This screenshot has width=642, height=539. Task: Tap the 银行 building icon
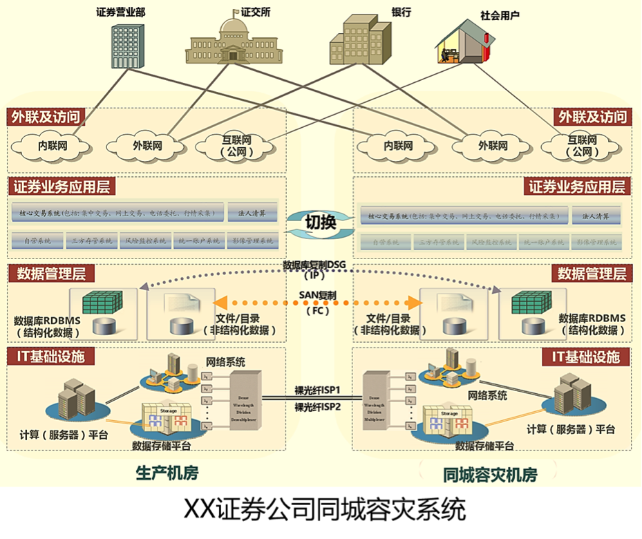(356, 41)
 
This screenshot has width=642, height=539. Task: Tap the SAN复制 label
(318, 294)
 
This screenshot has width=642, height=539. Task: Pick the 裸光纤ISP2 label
(318, 406)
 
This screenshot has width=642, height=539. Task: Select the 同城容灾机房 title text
(490, 475)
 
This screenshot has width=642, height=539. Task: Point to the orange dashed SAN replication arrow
(276, 303)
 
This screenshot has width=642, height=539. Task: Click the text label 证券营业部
(121, 12)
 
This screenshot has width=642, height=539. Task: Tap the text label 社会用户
(500, 14)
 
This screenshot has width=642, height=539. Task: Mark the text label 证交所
(255, 12)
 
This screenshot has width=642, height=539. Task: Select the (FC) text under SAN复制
(318, 311)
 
